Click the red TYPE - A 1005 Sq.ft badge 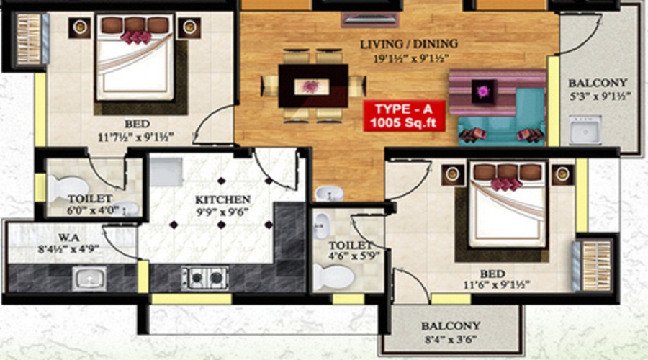click(405, 116)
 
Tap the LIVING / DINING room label click(409, 45)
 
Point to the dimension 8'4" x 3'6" click(450, 339)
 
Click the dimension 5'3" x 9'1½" click(599, 96)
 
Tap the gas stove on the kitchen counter click(204, 276)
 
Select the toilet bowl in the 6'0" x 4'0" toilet click(60, 187)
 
